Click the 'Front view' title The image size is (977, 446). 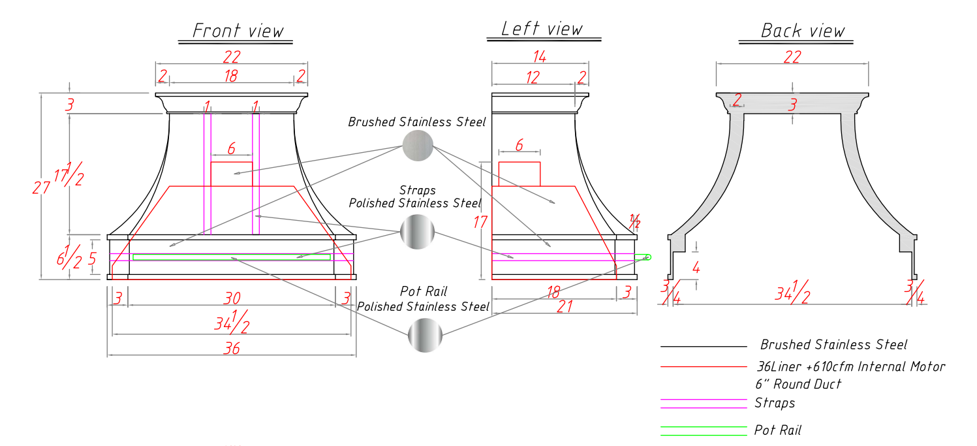pyautogui.click(x=238, y=31)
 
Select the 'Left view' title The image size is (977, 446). pyautogui.click(x=541, y=29)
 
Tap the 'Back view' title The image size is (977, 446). pyautogui.click(x=802, y=31)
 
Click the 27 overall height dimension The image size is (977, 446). pyautogui.click(x=40, y=187)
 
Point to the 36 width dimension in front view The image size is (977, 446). pyautogui.click(x=232, y=348)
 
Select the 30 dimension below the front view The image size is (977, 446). pyautogui.click(x=232, y=298)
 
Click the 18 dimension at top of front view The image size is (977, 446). pyautogui.click(x=231, y=76)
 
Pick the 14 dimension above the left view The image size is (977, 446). pyautogui.click(x=540, y=56)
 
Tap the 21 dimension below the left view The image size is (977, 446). pyautogui.click(x=565, y=306)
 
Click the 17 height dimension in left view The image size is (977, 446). pyautogui.click(x=481, y=222)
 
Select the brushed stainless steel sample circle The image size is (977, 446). pyautogui.click(x=417, y=145)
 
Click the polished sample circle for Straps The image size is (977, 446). pyautogui.click(x=417, y=231)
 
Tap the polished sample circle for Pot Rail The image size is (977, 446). pyautogui.click(x=425, y=336)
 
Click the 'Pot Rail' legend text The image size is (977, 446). pyautogui.click(x=777, y=430)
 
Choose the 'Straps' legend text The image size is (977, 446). pyautogui.click(x=775, y=403)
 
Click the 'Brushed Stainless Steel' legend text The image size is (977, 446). pyautogui.click(x=833, y=344)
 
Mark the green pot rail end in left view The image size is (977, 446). pyautogui.click(x=647, y=257)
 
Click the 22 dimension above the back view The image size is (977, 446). pyautogui.click(x=792, y=57)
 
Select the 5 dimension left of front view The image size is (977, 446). pyautogui.click(x=92, y=259)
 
